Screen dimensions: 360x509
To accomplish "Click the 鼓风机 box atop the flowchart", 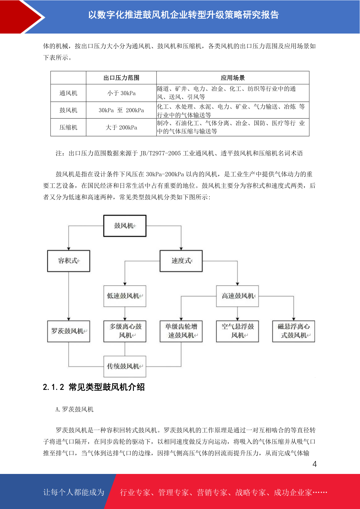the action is tap(125, 226).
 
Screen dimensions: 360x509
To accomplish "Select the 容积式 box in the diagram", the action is tap(69, 261).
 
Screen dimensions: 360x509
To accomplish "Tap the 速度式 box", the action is tap(181, 261).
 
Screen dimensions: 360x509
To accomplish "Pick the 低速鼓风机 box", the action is tap(125, 296).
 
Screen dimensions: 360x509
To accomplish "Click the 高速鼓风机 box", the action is tap(238, 296).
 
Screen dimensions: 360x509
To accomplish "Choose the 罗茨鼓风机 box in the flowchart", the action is tap(69, 331).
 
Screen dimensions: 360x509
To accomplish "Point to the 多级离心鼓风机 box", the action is tap(125, 331).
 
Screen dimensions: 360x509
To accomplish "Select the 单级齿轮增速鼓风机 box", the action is tap(181, 331).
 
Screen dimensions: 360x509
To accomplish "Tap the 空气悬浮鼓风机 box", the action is tap(238, 331).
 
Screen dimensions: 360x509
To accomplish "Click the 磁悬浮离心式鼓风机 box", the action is tap(294, 331).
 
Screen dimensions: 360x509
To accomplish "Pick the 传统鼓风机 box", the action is tap(125, 366).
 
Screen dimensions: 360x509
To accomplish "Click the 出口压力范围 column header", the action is tap(122, 78).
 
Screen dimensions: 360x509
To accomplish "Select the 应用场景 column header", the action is tap(233, 78).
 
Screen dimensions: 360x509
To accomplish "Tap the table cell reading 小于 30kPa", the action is tap(122, 93).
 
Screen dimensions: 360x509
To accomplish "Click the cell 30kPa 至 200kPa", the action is tap(122, 110).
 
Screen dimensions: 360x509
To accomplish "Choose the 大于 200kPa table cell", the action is tap(122, 127).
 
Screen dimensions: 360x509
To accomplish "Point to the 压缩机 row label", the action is tap(68, 127).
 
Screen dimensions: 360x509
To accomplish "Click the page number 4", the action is tap(315, 464).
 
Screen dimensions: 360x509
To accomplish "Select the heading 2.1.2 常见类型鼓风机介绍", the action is tap(94, 387).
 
